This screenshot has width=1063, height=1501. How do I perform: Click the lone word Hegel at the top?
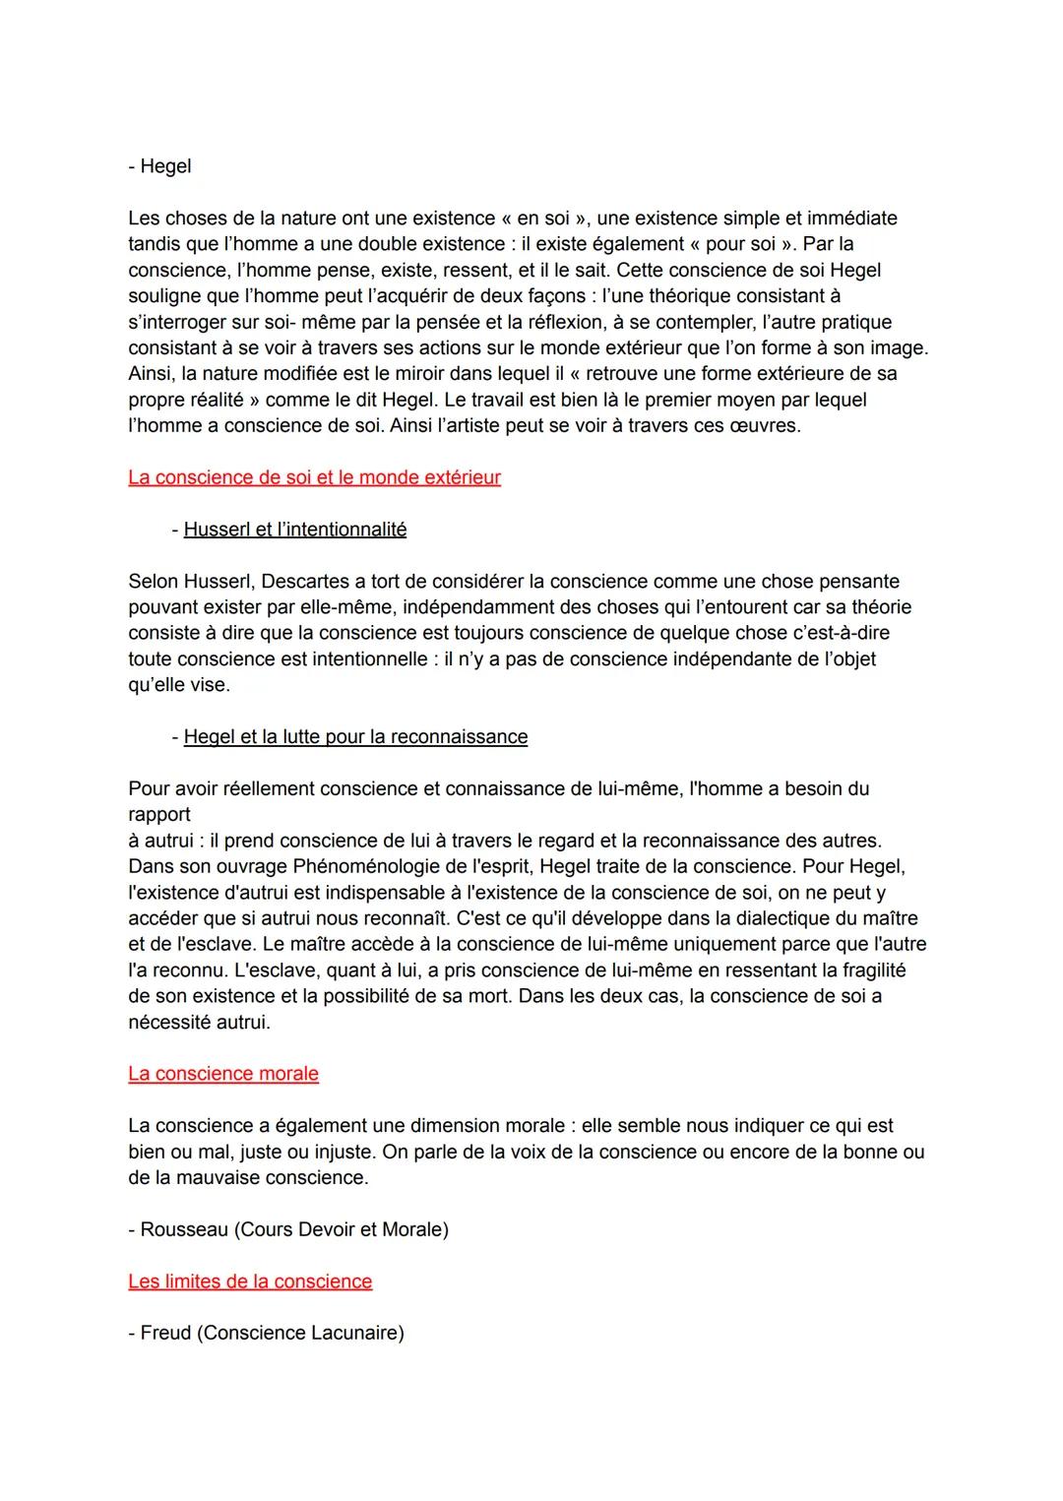[x=165, y=166]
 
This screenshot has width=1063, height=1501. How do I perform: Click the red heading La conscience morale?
[x=223, y=1074]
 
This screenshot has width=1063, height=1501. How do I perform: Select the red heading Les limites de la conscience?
[x=250, y=1282]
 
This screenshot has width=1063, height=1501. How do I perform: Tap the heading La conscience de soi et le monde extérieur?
[x=314, y=477]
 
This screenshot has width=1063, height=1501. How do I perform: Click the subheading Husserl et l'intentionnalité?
[x=294, y=530]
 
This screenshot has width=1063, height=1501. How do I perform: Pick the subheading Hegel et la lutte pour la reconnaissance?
[x=355, y=737]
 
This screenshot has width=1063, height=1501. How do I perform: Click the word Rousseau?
[x=184, y=1229]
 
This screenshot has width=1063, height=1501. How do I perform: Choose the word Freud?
[x=165, y=1333]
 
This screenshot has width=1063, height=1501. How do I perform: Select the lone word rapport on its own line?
[x=159, y=815]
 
